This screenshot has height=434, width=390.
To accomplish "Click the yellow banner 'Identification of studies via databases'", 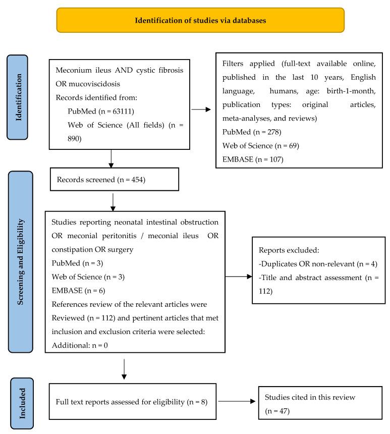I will [200, 21].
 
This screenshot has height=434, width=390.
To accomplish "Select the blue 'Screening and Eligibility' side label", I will [20, 262].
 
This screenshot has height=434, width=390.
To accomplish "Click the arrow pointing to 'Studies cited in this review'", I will [238, 402].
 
